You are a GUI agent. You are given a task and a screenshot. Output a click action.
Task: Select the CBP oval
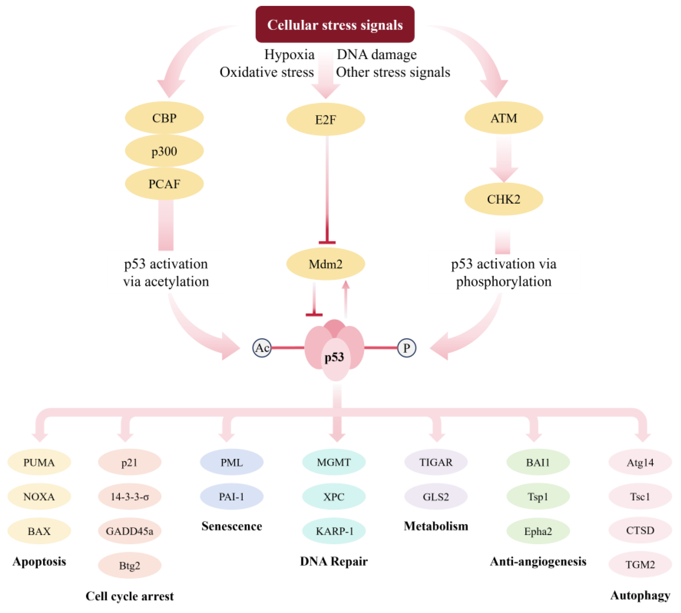pyautogui.click(x=164, y=118)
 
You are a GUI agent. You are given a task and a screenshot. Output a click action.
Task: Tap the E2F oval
pyautogui.click(x=325, y=119)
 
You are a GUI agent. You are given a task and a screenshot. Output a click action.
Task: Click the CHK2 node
pyautogui.click(x=504, y=199)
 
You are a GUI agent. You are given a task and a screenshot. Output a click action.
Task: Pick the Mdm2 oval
pyautogui.click(x=325, y=264)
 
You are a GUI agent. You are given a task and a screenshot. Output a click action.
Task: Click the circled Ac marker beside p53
pyautogui.click(x=262, y=348)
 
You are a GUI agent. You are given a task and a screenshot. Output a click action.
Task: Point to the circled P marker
pyautogui.click(x=406, y=348)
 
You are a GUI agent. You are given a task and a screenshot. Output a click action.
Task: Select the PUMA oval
pyautogui.click(x=39, y=462)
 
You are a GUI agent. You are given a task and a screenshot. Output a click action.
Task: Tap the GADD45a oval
pyautogui.click(x=129, y=531)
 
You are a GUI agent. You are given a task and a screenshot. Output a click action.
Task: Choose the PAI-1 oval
pyautogui.click(x=231, y=496)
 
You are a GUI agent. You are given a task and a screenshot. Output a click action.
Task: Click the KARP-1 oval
pyautogui.click(x=334, y=531)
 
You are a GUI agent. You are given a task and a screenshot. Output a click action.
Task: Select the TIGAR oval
pyautogui.click(x=436, y=462)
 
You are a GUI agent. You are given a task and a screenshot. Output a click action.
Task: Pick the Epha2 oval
pyautogui.click(x=538, y=531)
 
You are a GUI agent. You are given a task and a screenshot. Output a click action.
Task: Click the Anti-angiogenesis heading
pyautogui.click(x=538, y=562)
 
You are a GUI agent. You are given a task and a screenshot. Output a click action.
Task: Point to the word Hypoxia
pyautogui.click(x=289, y=55)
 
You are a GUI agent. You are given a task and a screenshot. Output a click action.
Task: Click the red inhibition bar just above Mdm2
pyautogui.click(x=327, y=242)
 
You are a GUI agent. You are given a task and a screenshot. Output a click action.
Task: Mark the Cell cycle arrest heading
pyautogui.click(x=129, y=596)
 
